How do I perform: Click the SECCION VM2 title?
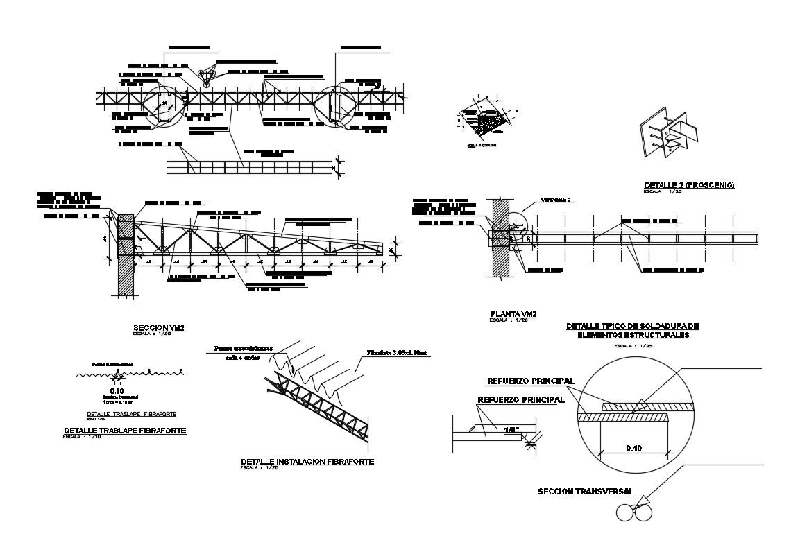click(x=158, y=327)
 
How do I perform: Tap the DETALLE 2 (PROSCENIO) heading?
click(x=688, y=185)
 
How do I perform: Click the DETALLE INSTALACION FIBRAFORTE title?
click(x=307, y=462)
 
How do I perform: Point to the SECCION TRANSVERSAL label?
click(x=585, y=491)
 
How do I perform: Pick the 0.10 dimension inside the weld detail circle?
click(x=633, y=448)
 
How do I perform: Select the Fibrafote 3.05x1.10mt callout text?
click(x=399, y=353)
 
